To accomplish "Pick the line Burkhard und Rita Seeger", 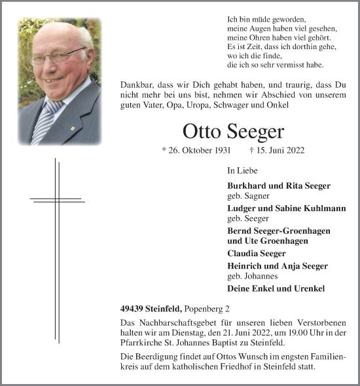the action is click(279, 185).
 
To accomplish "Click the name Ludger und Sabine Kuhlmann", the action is click(286, 208).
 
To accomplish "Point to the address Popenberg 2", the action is click(211, 308).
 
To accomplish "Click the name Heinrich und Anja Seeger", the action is click(278, 265).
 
